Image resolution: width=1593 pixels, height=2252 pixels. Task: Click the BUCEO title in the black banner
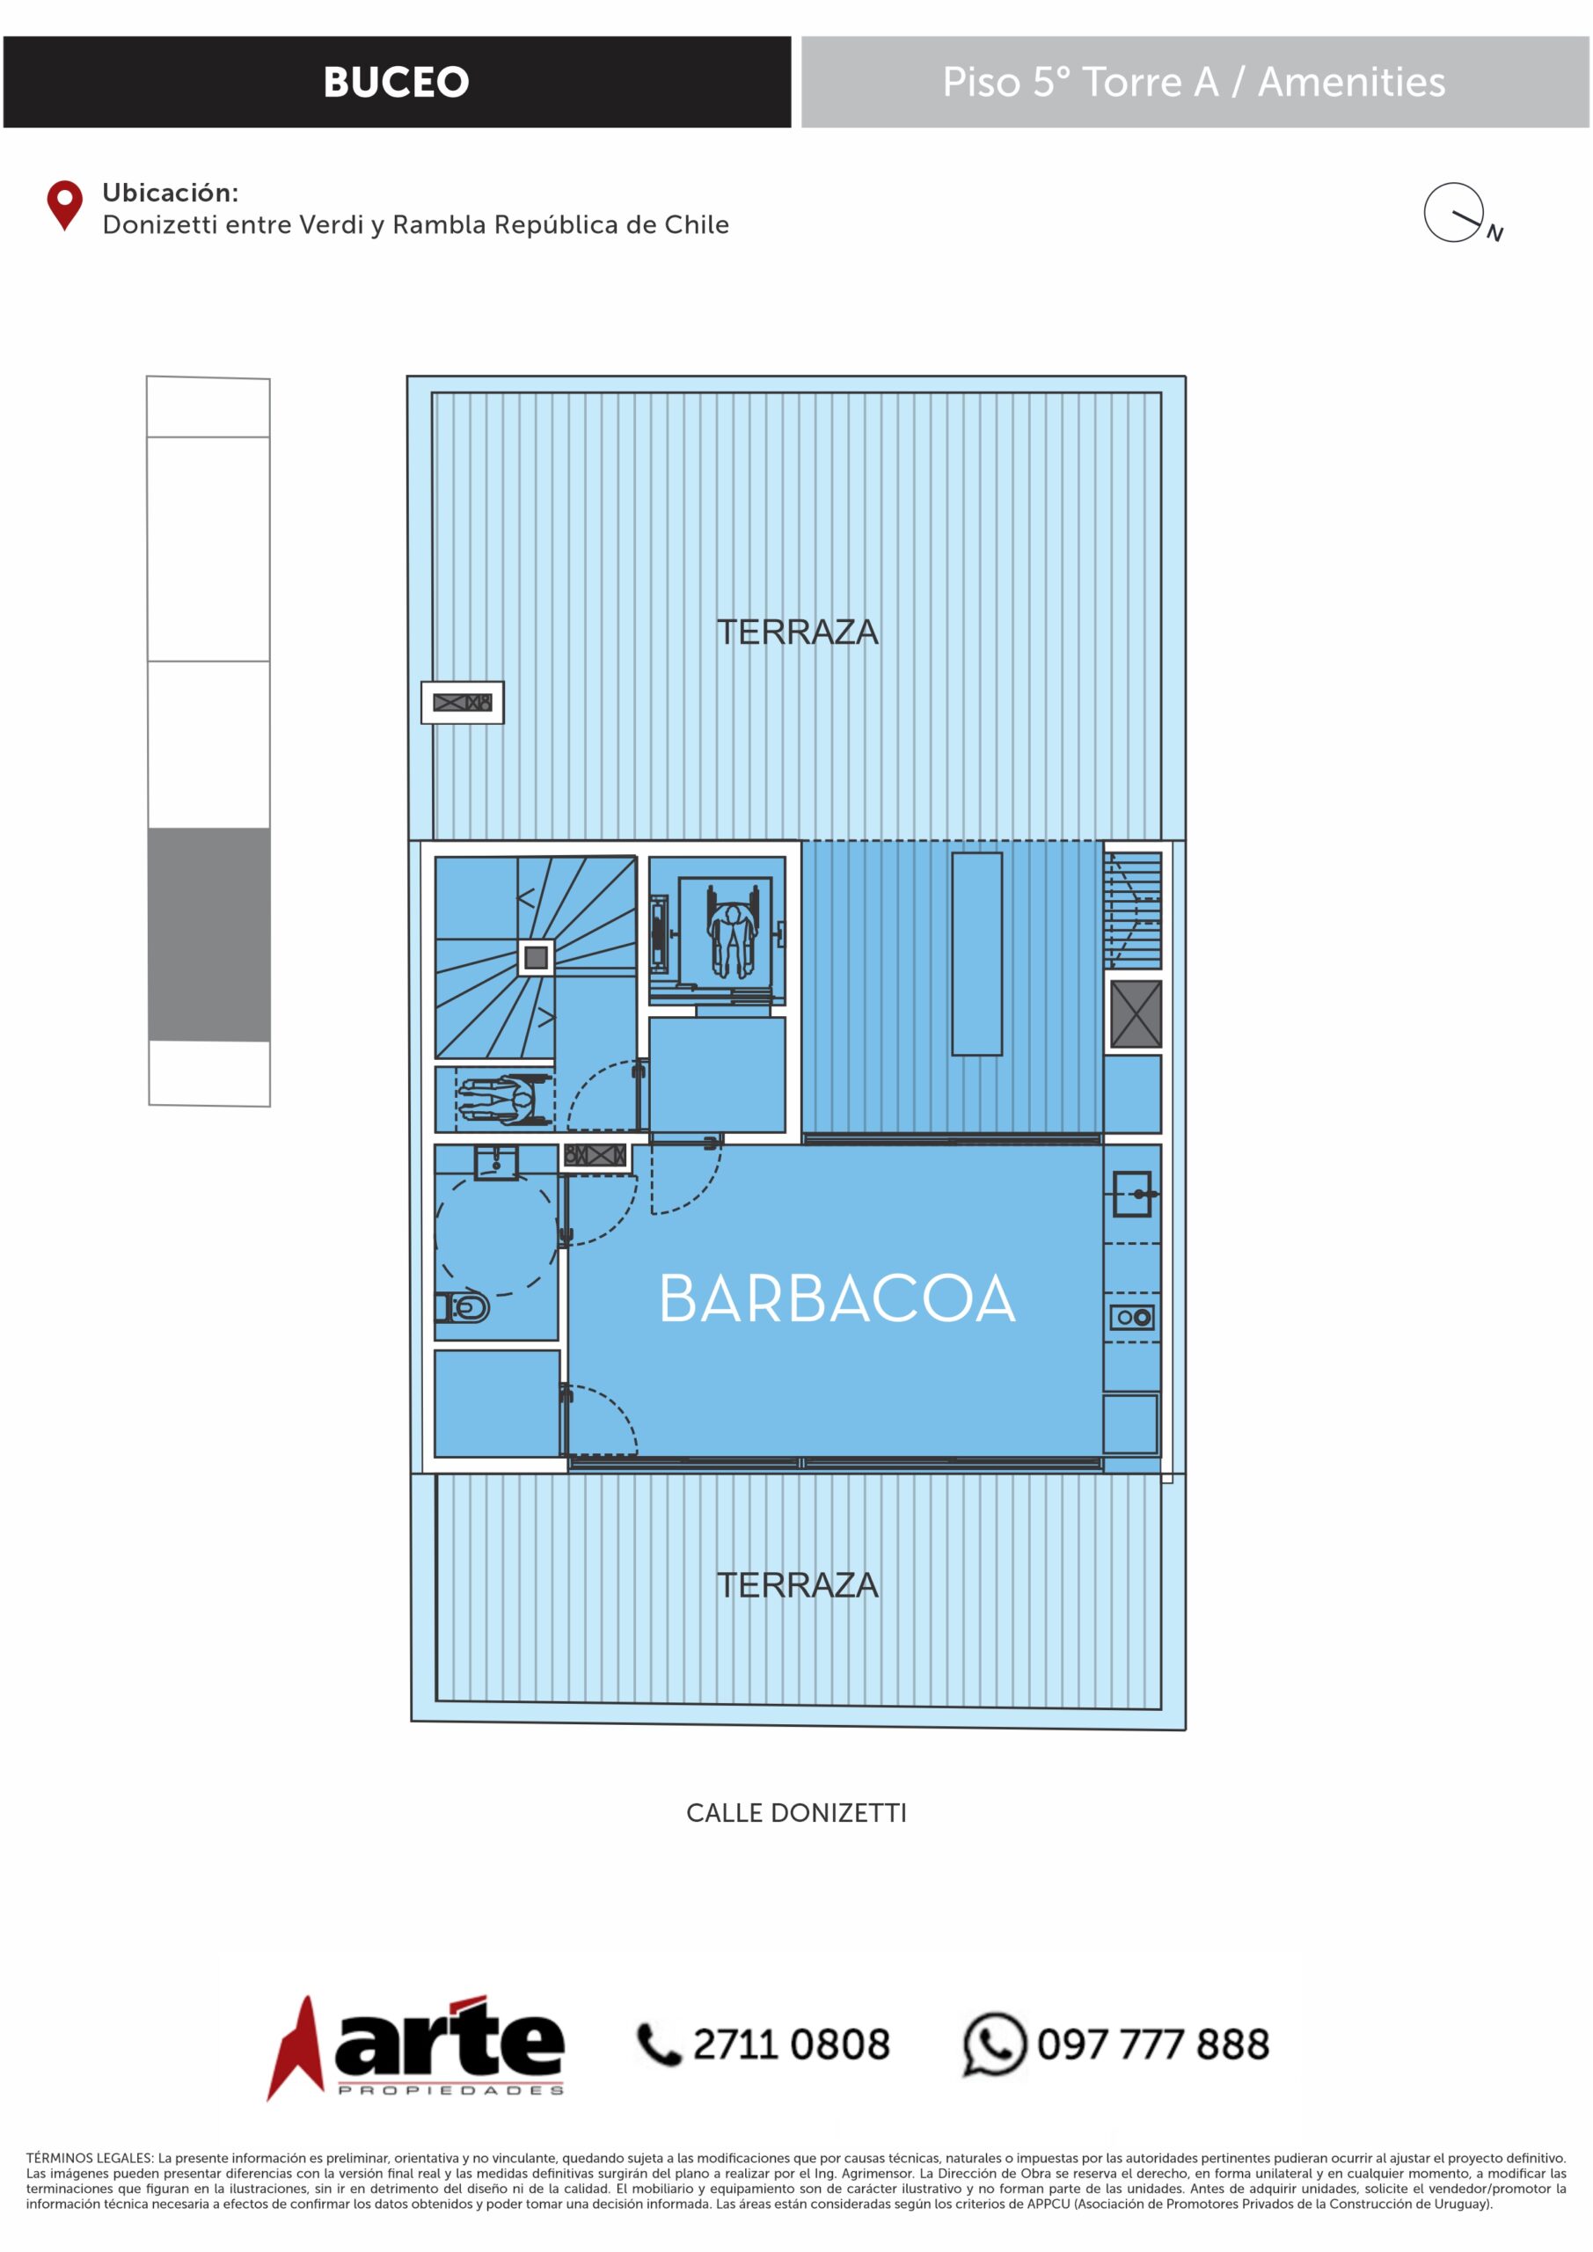pyautogui.click(x=397, y=83)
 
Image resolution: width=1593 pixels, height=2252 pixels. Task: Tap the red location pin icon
pyautogui.click(x=65, y=205)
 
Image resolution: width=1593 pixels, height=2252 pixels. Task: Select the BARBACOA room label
pyautogui.click(x=837, y=1298)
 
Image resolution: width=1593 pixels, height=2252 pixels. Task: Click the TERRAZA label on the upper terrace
pyautogui.click(x=798, y=632)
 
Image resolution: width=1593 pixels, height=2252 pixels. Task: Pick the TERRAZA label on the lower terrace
pyautogui.click(x=798, y=1585)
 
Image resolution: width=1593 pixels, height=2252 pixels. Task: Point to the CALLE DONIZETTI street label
pyautogui.click(x=797, y=1812)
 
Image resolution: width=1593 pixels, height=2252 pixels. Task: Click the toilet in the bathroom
pyautogui.click(x=463, y=1307)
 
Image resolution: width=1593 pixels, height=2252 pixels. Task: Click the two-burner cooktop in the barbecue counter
pyautogui.click(x=1133, y=1317)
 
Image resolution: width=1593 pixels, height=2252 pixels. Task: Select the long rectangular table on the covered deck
pyautogui.click(x=977, y=954)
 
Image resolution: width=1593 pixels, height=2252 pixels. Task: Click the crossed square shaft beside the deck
pyautogui.click(x=1136, y=1013)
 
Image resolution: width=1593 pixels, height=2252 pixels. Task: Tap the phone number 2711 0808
pyautogui.click(x=792, y=2044)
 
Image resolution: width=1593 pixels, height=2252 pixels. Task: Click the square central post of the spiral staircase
pyautogui.click(x=536, y=957)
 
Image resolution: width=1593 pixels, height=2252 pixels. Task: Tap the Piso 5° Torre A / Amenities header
pyautogui.click(x=1194, y=83)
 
